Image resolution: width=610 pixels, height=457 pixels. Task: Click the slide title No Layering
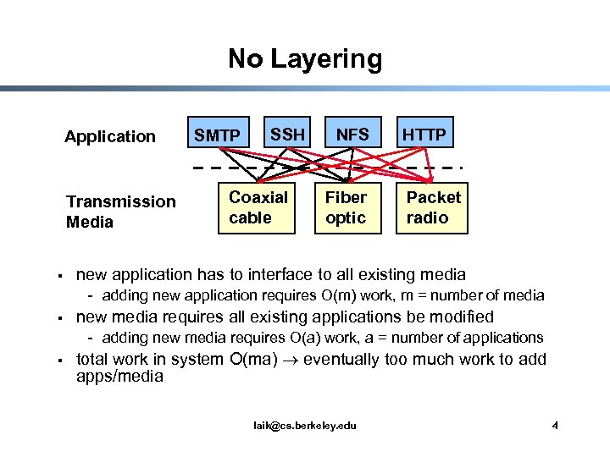pyautogui.click(x=305, y=59)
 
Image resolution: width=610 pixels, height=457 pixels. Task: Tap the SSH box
pyautogui.click(x=288, y=134)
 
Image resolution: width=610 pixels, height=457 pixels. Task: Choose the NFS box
pyautogui.click(x=352, y=134)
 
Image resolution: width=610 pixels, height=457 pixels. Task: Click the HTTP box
pyautogui.click(x=424, y=134)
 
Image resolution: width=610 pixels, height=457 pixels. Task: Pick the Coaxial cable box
pyautogui.click(x=258, y=208)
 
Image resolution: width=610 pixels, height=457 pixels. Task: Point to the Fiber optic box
pyautogui.click(x=347, y=208)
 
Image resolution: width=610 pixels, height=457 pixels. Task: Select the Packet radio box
pyautogui.click(x=434, y=208)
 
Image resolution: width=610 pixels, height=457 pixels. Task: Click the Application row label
pyautogui.click(x=110, y=136)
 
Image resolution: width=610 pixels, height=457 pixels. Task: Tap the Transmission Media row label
pyautogui.click(x=120, y=212)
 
